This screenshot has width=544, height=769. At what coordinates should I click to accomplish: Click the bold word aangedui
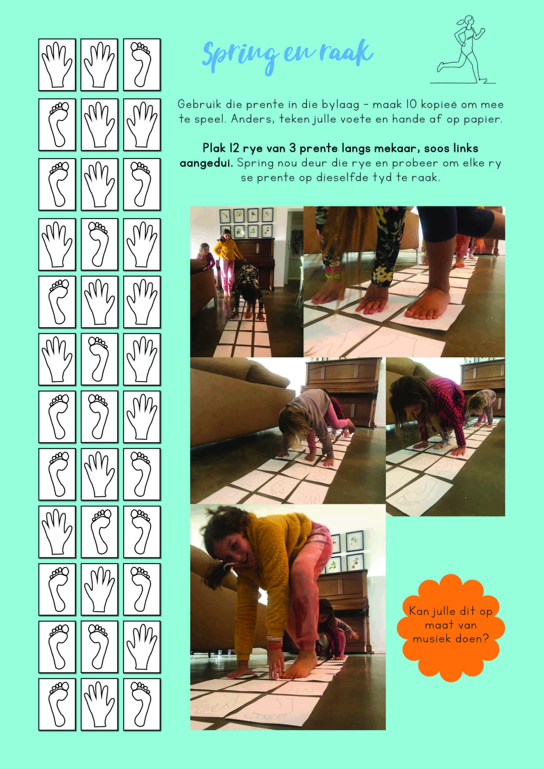(206, 163)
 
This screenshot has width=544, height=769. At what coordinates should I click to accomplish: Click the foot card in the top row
(142, 64)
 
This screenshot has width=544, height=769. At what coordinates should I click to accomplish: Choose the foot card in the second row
(57, 125)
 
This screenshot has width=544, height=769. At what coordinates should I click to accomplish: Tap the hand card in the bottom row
(99, 704)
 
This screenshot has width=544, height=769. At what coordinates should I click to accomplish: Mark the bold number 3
(293, 148)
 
